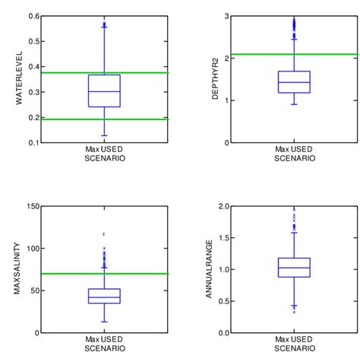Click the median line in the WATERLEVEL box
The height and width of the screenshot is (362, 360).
tap(104, 91)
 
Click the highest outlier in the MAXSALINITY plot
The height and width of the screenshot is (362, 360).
tap(104, 234)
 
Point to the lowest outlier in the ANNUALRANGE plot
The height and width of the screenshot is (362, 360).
tap(294, 312)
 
